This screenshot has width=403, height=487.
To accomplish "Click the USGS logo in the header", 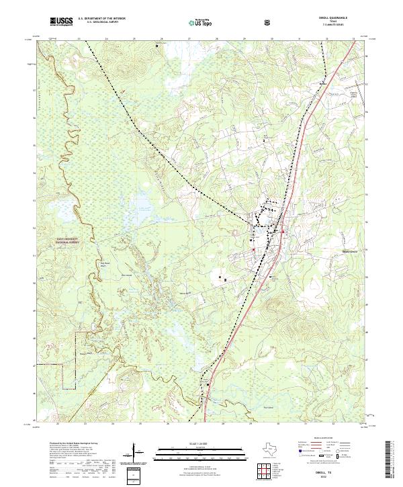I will coord(60,22).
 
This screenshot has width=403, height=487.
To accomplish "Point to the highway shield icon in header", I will coord(268,22).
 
